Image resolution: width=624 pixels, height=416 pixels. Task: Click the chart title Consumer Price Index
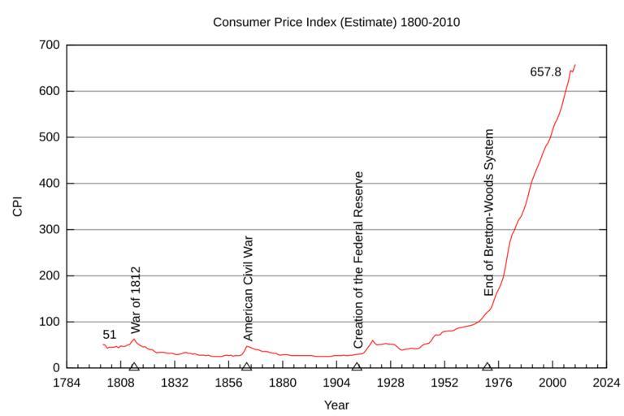pyautogui.click(x=336, y=22)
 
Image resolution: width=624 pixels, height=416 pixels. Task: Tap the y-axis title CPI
pyautogui.click(x=18, y=206)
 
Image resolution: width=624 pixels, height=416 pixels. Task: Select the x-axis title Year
pyautogui.click(x=336, y=404)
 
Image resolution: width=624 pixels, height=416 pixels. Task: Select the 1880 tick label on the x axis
pyautogui.click(x=282, y=382)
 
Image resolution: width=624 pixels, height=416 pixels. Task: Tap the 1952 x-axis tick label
pyautogui.click(x=444, y=382)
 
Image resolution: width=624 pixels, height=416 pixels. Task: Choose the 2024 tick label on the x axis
pyautogui.click(x=606, y=382)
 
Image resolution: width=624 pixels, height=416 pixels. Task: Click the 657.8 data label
pyautogui.click(x=545, y=72)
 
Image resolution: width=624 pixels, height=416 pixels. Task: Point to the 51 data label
pyautogui.click(x=110, y=335)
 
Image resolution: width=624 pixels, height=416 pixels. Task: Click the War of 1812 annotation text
pyautogui.click(x=136, y=300)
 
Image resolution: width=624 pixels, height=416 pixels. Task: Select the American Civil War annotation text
pyautogui.click(x=249, y=288)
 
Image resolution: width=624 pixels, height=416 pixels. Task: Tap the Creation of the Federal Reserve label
pyautogui.click(x=358, y=260)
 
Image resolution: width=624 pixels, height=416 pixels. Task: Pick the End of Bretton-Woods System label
pyautogui.click(x=488, y=212)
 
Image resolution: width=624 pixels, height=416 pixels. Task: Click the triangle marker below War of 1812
pyautogui.click(x=134, y=366)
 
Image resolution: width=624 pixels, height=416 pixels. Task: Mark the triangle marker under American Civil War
pyautogui.click(x=246, y=366)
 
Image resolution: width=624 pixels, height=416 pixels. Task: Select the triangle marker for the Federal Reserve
pyautogui.click(x=356, y=366)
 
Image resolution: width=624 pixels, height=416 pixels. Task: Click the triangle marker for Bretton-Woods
pyautogui.click(x=487, y=366)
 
